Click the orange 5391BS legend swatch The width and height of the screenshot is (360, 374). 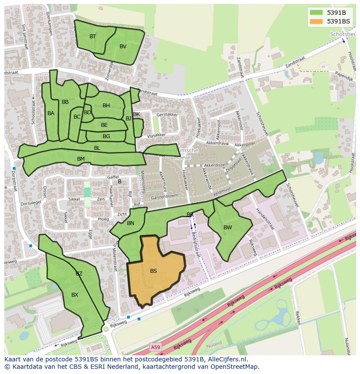pyautogui.click(x=317, y=21)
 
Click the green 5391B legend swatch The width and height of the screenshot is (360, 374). pyautogui.click(x=317, y=13)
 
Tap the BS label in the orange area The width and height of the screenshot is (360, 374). pyautogui.click(x=153, y=271)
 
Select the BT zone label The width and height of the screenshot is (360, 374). pyautogui.click(x=93, y=36)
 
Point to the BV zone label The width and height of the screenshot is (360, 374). pyautogui.click(x=123, y=46)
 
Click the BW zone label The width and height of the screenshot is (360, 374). pyautogui.click(x=227, y=228)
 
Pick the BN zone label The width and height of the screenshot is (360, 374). pyautogui.click(x=130, y=224)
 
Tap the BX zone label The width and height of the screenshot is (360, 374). pyautogui.click(x=75, y=295)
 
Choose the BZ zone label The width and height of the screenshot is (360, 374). pyautogui.click(x=79, y=274)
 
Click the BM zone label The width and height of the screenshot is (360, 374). pyautogui.click(x=81, y=159)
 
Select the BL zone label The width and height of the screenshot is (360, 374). pyautogui.click(x=97, y=148)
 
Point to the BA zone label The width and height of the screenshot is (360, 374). pyautogui.click(x=51, y=113)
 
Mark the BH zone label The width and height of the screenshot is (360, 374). pyautogui.click(x=106, y=106)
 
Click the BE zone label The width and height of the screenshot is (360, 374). pyautogui.click(x=104, y=125)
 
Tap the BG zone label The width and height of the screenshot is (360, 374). pyautogui.click(x=106, y=136)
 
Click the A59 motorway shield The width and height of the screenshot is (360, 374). pyautogui.click(x=155, y=347)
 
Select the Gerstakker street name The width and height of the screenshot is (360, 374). pyautogui.click(x=167, y=115)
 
